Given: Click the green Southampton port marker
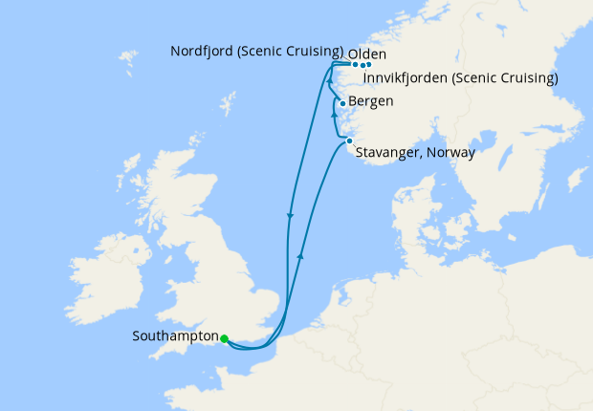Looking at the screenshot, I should coord(224,338).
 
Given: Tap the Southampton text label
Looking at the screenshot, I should coord(176,337).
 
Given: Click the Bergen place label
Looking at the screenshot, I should coord(370,101).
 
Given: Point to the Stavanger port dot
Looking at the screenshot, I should coord(349,141).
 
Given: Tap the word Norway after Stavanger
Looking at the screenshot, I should coord(451,152).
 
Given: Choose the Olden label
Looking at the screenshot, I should coord(367,54).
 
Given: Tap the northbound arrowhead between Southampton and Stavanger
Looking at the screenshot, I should coord(301,253).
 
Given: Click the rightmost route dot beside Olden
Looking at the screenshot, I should coord(368,65).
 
